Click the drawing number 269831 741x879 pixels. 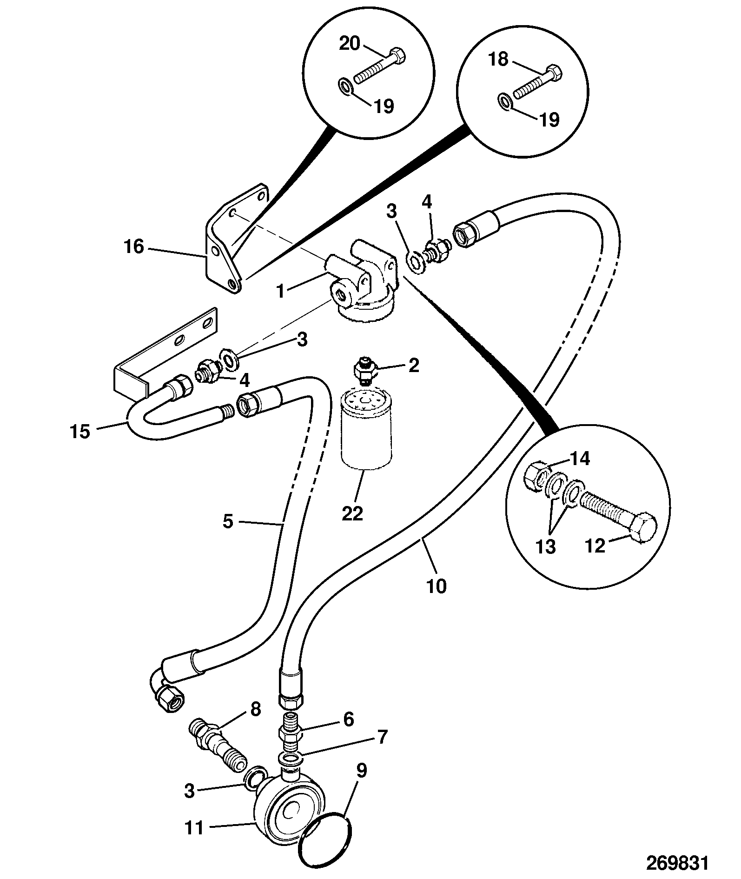[677, 862]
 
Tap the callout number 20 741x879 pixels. [350, 44]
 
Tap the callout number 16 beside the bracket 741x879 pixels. [133, 247]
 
